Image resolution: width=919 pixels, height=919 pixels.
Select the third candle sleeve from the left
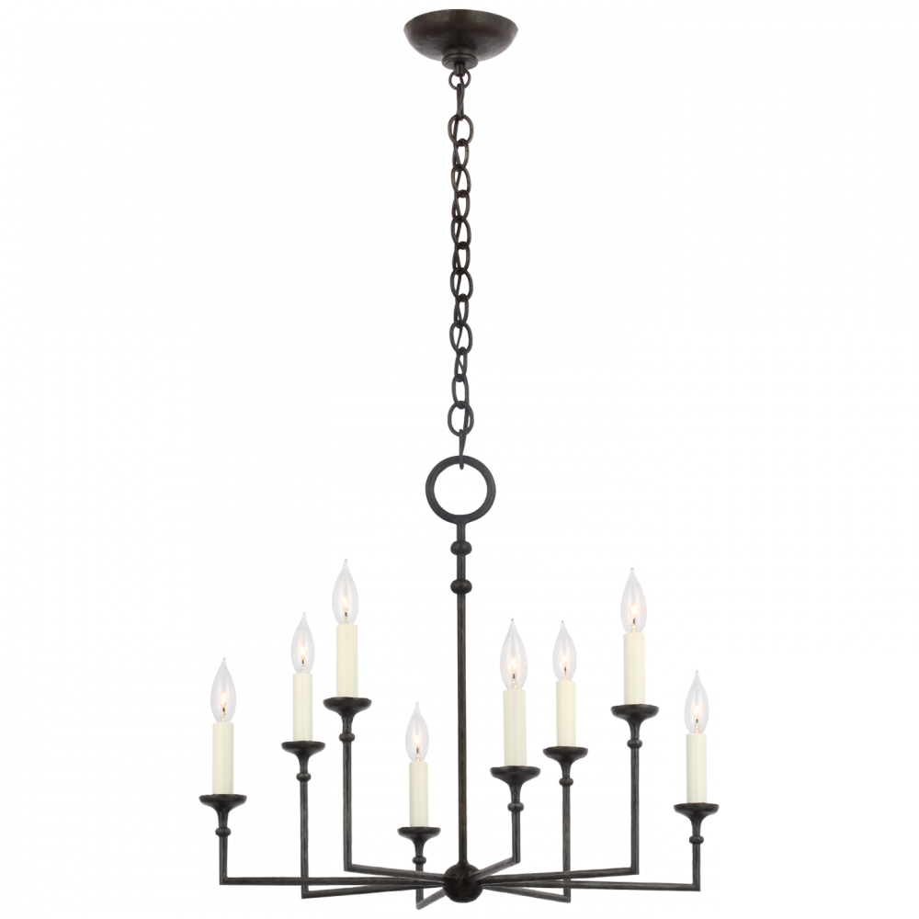coord(346,659)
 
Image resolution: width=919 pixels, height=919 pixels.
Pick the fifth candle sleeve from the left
coord(514,726)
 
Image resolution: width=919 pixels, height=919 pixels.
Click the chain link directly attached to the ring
coord(459,425)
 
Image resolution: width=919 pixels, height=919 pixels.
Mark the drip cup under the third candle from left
coord(346,707)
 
